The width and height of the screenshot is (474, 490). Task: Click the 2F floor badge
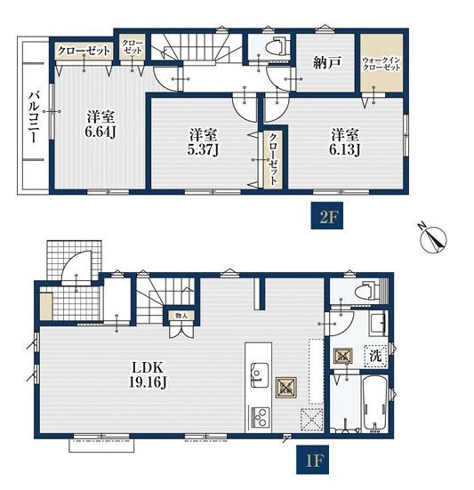coord(327,215)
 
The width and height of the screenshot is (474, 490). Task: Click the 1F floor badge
coord(312,461)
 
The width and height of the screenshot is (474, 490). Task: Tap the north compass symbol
coord(432,237)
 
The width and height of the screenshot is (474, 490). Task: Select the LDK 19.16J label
coord(148,374)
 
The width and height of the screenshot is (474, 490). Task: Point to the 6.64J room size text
coord(100,133)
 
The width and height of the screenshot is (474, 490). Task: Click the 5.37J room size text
coord(203,150)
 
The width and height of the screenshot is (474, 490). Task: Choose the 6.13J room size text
coord(345,150)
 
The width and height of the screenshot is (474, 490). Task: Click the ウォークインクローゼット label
coord(382,64)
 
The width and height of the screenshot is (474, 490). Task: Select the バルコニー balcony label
coord(34,117)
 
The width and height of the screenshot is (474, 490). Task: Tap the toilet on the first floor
coord(366,292)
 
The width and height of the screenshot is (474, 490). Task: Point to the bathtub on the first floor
coord(375,404)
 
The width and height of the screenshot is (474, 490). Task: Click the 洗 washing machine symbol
coord(375,356)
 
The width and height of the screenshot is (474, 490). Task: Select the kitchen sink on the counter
coord(259,375)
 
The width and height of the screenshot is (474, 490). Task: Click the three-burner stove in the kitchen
coord(259,417)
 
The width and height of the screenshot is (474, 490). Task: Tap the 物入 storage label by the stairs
coord(181,316)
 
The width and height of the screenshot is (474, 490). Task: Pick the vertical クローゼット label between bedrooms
coord(273,159)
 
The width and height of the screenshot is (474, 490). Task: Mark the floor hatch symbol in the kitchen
coord(311,420)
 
